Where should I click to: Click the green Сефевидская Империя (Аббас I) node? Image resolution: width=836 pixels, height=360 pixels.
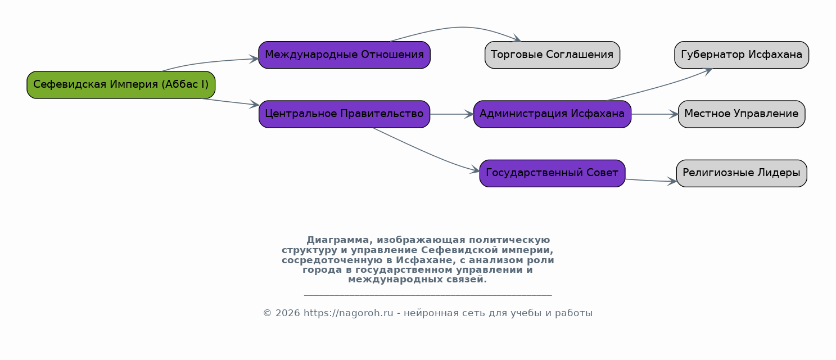[x=121, y=85]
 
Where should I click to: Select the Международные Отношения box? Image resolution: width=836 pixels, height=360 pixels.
[x=344, y=55]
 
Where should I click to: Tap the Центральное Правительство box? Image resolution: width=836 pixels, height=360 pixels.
[x=344, y=114]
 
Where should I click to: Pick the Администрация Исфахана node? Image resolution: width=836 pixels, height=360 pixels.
[x=552, y=114]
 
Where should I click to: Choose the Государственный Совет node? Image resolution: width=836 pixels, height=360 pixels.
[x=552, y=173]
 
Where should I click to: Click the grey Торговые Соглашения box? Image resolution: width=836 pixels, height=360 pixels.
[x=552, y=55]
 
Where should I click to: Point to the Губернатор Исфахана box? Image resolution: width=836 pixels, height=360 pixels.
[x=741, y=55]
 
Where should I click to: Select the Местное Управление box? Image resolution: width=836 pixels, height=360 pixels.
[x=741, y=114]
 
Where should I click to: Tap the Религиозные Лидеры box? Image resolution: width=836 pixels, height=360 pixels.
[x=741, y=173]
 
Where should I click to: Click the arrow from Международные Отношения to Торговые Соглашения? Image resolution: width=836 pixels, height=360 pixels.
[x=461, y=27]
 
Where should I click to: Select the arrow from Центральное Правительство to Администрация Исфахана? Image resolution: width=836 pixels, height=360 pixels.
[x=451, y=114]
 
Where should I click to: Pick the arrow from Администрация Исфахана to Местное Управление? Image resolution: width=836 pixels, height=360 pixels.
[x=654, y=114]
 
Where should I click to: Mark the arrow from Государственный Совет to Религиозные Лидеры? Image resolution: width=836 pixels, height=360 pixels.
[x=651, y=181]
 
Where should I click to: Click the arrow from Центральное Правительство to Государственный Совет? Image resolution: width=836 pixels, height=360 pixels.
[x=426, y=151]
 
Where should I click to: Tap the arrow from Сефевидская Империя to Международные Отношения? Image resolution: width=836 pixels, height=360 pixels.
[x=209, y=62]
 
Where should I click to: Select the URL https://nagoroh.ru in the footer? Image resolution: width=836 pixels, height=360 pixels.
[x=348, y=313]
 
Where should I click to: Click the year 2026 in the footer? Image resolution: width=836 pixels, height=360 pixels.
[x=287, y=313]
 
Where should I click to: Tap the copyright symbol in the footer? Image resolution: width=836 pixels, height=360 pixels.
[x=267, y=313]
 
